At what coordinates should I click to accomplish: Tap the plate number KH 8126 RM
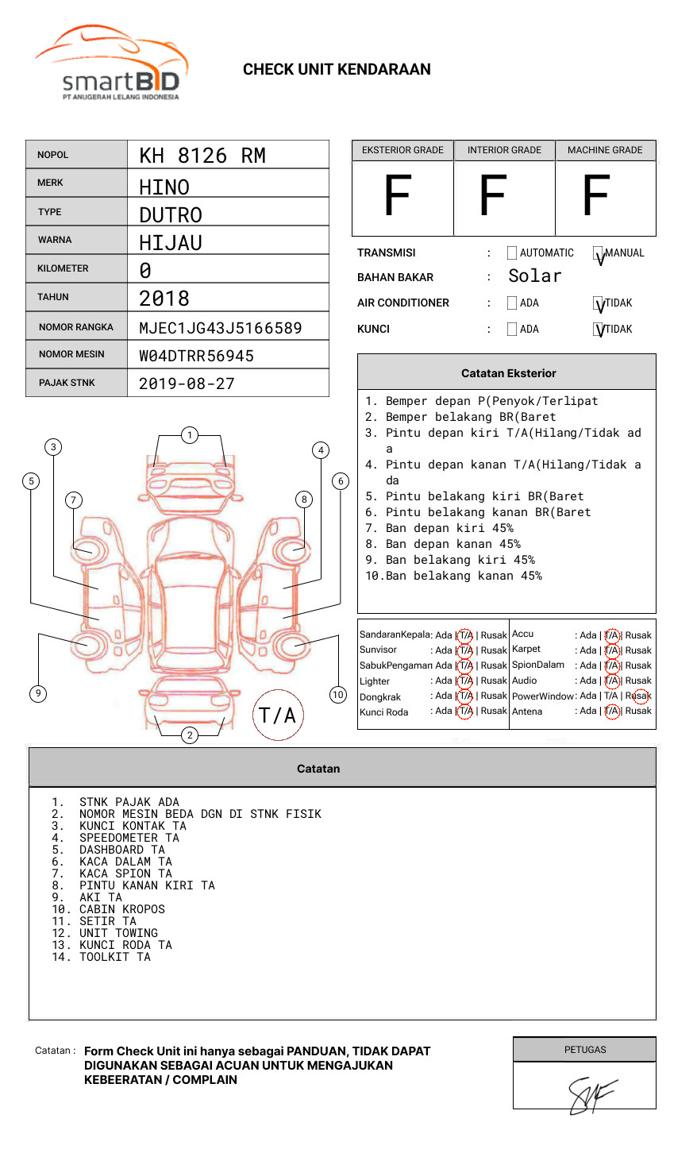(x=202, y=156)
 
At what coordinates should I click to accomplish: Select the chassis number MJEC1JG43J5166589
(x=220, y=328)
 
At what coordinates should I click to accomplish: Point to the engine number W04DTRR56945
(x=196, y=356)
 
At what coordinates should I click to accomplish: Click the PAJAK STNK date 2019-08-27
(x=187, y=384)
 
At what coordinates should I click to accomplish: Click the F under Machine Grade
(x=595, y=196)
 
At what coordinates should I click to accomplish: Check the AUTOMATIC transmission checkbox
(x=512, y=253)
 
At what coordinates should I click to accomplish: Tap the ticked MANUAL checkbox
(x=599, y=254)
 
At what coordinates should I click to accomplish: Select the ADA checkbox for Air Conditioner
(x=512, y=303)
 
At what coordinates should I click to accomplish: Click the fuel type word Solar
(x=534, y=276)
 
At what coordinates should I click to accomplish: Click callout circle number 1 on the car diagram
(x=189, y=435)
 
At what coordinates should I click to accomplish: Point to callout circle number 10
(x=338, y=695)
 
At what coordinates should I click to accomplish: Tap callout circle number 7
(x=73, y=499)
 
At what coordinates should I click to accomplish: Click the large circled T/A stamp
(x=277, y=715)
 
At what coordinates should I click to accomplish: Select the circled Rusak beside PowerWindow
(x=639, y=696)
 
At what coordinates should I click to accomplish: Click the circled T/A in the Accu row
(x=611, y=635)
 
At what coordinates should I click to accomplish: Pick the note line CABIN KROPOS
(x=121, y=909)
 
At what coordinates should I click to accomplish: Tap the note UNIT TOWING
(x=118, y=933)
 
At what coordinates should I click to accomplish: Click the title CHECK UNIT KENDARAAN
(x=337, y=70)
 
